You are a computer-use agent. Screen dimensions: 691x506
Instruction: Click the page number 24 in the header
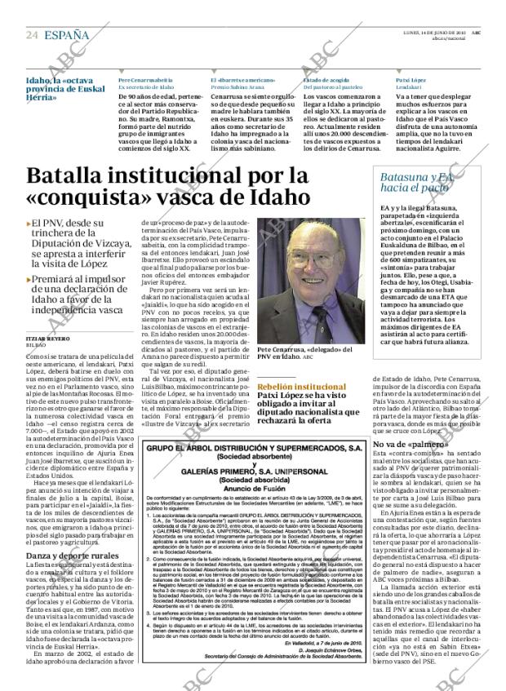(x=32, y=35)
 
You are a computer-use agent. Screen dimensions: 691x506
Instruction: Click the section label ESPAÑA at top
(x=67, y=35)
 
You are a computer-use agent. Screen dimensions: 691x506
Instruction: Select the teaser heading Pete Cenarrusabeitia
(x=145, y=81)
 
